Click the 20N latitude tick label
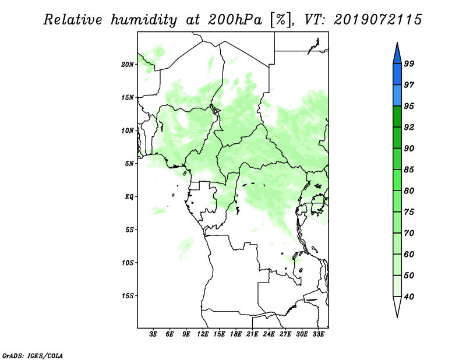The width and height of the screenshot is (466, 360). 128,64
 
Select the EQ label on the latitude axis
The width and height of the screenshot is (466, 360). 129,196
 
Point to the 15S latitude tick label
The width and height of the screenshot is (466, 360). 128,295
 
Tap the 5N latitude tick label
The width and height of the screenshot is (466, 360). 129,163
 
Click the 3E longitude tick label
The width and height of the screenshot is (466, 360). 153,334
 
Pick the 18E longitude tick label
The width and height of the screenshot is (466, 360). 236,334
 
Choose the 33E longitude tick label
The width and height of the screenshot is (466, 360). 318,334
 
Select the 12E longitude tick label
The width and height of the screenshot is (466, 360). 203,334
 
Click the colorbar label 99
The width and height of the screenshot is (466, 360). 409,63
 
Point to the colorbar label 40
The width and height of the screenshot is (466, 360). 409,297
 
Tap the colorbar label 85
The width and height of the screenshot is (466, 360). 409,170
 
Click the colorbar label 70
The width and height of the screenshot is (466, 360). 409,233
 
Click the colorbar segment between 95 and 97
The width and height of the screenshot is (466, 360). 397,96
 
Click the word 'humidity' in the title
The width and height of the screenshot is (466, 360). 144,20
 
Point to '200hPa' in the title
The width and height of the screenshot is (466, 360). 235,20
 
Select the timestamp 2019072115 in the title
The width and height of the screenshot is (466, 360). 377,20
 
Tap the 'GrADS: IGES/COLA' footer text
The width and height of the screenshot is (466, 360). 33,356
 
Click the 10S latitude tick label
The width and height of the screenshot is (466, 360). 128,263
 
